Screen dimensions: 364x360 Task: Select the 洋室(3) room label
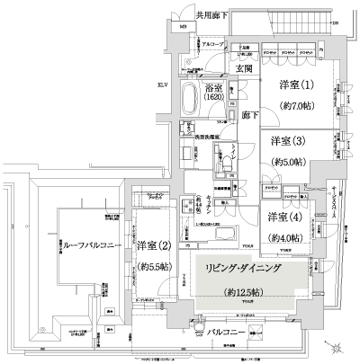click(287, 141)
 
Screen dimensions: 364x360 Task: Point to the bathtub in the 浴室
click(193, 96)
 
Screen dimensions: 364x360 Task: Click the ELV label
click(163, 85)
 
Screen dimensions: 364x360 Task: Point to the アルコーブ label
click(212, 43)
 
